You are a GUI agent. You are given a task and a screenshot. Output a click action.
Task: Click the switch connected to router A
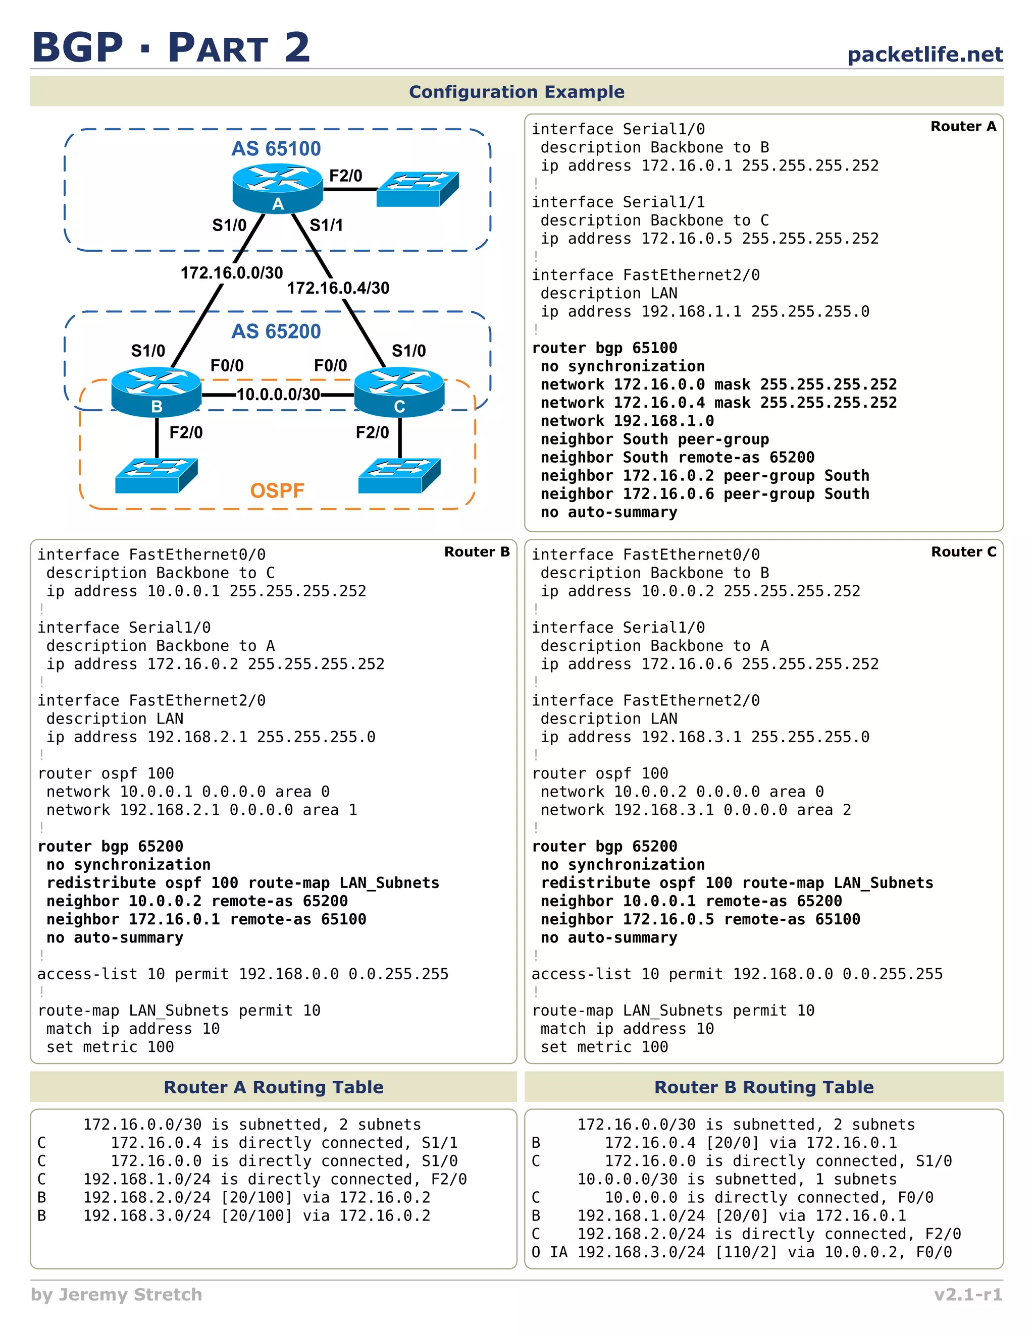click(x=417, y=189)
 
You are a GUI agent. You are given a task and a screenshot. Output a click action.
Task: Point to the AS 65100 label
click(x=276, y=149)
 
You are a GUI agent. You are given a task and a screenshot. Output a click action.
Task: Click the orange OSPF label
click(x=277, y=490)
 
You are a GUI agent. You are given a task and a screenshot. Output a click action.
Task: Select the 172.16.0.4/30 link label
click(x=338, y=288)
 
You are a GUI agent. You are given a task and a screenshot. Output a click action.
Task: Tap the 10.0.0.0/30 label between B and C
click(x=278, y=394)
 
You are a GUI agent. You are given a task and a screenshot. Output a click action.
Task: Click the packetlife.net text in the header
click(x=924, y=54)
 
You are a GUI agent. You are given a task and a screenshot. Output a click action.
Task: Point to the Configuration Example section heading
click(x=516, y=92)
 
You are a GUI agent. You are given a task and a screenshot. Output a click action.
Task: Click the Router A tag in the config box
click(x=963, y=127)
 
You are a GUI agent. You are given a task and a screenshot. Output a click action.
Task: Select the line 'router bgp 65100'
click(x=604, y=348)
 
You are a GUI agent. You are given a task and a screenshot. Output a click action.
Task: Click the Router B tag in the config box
click(x=477, y=551)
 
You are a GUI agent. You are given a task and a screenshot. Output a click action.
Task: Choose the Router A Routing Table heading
click(x=273, y=1087)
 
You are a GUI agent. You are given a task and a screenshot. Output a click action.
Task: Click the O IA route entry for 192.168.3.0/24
click(x=741, y=1252)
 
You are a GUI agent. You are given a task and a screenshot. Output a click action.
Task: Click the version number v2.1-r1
click(x=968, y=1294)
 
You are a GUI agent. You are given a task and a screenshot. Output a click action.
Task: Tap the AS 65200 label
click(x=276, y=331)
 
